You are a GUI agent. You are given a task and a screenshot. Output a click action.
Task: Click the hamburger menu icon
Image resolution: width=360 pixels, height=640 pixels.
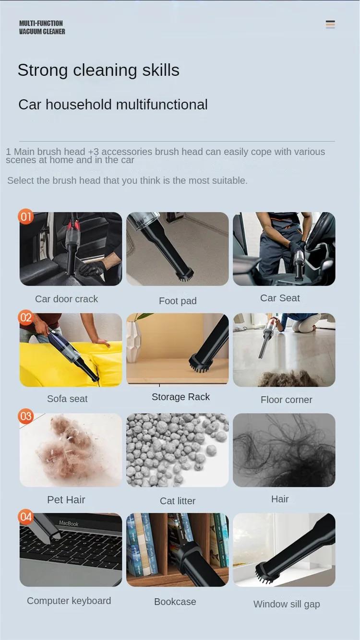[x=330, y=24]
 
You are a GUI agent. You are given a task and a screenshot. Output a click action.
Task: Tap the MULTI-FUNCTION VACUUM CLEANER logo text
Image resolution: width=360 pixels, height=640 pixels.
[x=42, y=27]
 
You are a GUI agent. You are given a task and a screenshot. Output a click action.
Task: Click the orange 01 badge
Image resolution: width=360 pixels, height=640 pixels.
[x=26, y=216]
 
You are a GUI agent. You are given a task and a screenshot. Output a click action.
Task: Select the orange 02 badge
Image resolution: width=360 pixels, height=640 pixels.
[x=26, y=318]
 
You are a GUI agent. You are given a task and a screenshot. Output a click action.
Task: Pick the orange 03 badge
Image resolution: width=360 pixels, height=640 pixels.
[x=26, y=416]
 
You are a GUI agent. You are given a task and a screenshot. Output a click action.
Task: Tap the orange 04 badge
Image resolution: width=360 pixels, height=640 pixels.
[x=26, y=517]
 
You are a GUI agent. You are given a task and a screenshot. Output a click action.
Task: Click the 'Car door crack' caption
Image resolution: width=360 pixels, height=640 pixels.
[x=66, y=299]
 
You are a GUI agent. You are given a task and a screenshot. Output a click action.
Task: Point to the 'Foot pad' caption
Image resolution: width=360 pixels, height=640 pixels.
[x=178, y=301]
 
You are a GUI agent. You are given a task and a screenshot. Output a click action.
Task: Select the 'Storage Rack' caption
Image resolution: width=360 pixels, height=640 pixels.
[x=180, y=397]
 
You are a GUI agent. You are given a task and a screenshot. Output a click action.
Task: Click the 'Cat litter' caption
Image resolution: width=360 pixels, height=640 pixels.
[x=178, y=501]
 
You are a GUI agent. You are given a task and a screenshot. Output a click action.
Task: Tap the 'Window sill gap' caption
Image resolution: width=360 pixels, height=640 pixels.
[x=287, y=604]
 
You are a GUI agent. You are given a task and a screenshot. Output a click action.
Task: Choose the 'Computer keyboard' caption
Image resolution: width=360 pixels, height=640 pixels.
[x=69, y=601]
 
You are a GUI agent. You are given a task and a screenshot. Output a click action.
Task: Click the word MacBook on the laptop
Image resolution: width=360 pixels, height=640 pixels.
[x=69, y=523]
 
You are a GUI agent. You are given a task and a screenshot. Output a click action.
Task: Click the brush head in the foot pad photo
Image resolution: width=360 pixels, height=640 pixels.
[x=184, y=275]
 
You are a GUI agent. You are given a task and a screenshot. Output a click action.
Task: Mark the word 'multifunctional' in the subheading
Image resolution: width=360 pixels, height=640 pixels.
[x=162, y=104]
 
